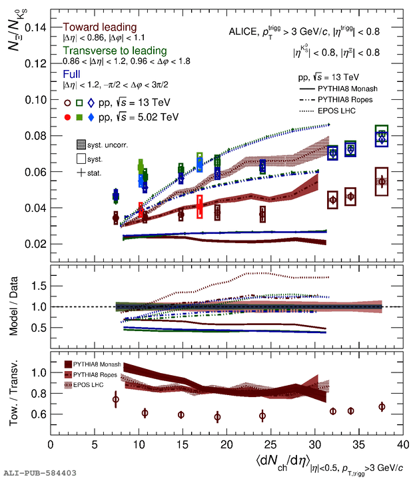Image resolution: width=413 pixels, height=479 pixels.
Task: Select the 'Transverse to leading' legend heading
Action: (114, 51)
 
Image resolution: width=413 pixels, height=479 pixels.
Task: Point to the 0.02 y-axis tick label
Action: (35, 244)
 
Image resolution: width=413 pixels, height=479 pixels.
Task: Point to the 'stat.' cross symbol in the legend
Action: (81, 173)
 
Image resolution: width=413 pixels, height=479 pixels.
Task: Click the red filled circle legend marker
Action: (67, 118)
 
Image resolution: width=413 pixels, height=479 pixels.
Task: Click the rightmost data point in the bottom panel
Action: (382, 406)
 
